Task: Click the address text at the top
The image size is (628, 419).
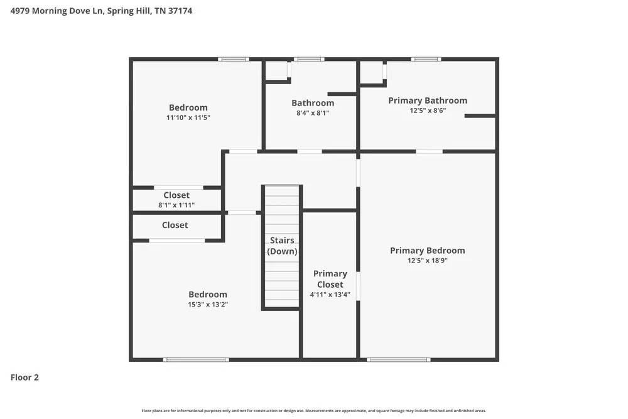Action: [101, 11]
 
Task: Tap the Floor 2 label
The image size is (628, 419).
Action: [24, 378]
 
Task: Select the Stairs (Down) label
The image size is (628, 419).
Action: [282, 246]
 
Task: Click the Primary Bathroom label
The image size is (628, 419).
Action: [428, 101]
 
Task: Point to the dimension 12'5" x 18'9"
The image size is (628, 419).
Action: [428, 261]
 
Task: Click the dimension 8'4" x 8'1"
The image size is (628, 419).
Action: [313, 113]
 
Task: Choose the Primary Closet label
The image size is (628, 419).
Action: [330, 279]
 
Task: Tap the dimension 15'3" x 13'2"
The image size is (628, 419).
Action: [208, 305]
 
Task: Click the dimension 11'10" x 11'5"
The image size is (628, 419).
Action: [188, 117]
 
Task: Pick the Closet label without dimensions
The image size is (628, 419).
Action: [175, 225]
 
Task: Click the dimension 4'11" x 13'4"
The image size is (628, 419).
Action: [330, 295]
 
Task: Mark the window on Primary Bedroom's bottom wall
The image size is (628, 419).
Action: [398, 360]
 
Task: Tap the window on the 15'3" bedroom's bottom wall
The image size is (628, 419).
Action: [195, 360]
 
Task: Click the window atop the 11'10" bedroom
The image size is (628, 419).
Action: [233, 60]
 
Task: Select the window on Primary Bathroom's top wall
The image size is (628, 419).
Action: [426, 60]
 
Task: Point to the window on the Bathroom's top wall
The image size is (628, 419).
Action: [309, 60]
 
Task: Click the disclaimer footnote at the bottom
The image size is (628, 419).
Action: [314, 411]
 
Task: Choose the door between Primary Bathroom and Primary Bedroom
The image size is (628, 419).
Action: [429, 151]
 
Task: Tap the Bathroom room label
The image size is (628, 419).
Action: [313, 103]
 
